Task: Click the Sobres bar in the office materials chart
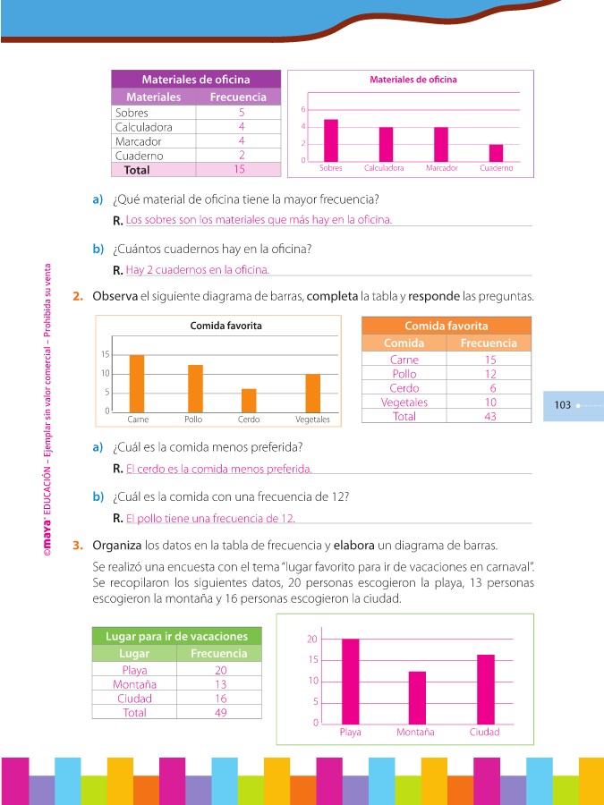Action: [x=331, y=140]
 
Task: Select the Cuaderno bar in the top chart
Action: [x=496, y=152]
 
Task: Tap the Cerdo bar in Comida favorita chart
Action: [x=249, y=400]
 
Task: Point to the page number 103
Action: [x=562, y=405]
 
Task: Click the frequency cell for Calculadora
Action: [x=241, y=127]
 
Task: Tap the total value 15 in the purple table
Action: [x=239, y=169]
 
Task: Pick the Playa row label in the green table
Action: [x=134, y=670]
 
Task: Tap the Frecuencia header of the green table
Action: [x=218, y=654]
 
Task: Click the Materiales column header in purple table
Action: [x=154, y=97]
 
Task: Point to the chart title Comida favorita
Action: [x=225, y=326]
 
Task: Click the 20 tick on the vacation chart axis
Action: [x=312, y=639]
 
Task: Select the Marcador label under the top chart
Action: [x=441, y=168]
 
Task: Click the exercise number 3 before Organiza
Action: [x=79, y=544]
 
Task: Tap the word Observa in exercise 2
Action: [x=115, y=295]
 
